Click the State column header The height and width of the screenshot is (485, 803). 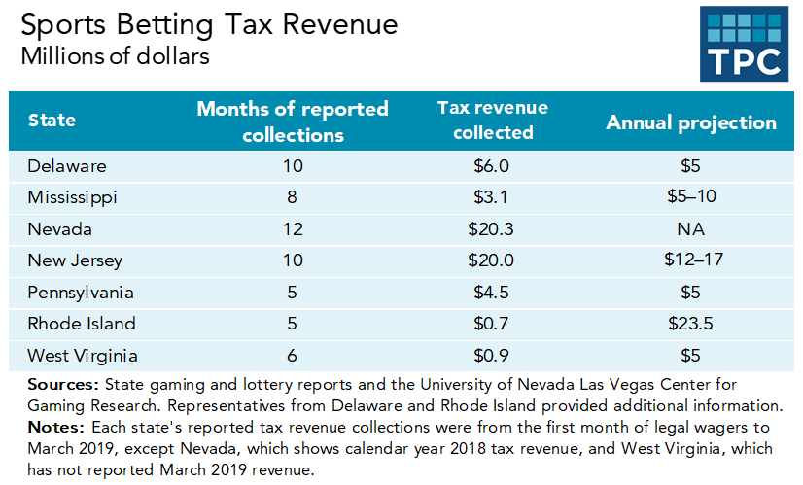coord(52,121)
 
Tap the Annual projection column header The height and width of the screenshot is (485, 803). coord(691,122)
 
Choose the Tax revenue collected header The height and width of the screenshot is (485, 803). coord(493,120)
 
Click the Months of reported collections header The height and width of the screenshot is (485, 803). coord(293,121)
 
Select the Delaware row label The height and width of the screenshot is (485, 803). coord(67,166)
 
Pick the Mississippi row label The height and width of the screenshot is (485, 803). coord(73,197)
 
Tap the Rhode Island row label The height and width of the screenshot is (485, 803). coord(83,324)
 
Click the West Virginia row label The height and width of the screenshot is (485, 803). coord(84,355)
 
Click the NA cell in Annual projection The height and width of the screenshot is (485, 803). coord(692,229)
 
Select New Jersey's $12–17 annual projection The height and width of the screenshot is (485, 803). coord(692,260)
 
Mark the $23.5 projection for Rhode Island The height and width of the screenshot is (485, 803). coord(692,324)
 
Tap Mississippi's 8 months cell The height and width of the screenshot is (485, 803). coord(293,197)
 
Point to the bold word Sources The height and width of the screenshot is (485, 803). coord(60,385)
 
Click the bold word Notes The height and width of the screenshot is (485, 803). coord(53,428)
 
